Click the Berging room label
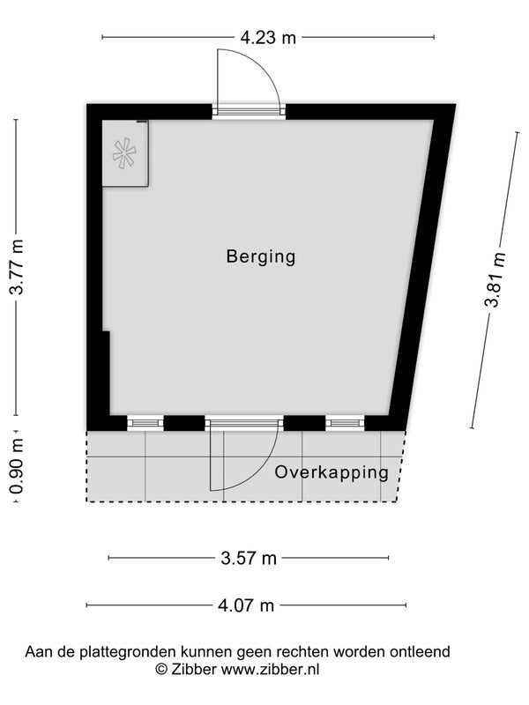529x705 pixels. pyautogui.click(x=261, y=256)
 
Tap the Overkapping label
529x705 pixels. pyautogui.click(x=332, y=473)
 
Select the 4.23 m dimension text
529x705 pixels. pyautogui.click(x=268, y=37)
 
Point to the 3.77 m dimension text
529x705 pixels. pyautogui.click(x=17, y=267)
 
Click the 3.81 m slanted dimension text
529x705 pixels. pyautogui.click(x=495, y=279)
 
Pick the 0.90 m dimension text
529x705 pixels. pyautogui.click(x=16, y=466)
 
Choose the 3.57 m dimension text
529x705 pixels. pyautogui.click(x=249, y=559)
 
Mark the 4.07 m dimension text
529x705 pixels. pyautogui.click(x=246, y=605)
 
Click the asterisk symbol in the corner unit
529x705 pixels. pyautogui.click(x=124, y=154)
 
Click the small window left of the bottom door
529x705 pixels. pyautogui.click(x=145, y=423)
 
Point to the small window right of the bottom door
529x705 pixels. pyautogui.click(x=345, y=423)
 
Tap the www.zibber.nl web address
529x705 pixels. pyautogui.click(x=271, y=669)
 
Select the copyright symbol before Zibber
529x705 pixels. pyautogui.click(x=161, y=669)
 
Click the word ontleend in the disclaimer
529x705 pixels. pyautogui.click(x=421, y=651)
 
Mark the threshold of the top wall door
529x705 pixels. pyautogui.click(x=249, y=112)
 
